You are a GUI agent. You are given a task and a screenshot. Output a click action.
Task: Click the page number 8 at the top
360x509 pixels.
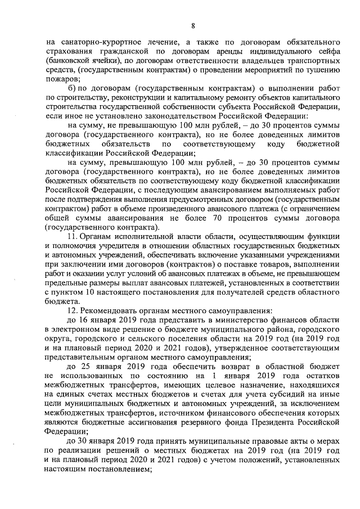click(x=192, y=25)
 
